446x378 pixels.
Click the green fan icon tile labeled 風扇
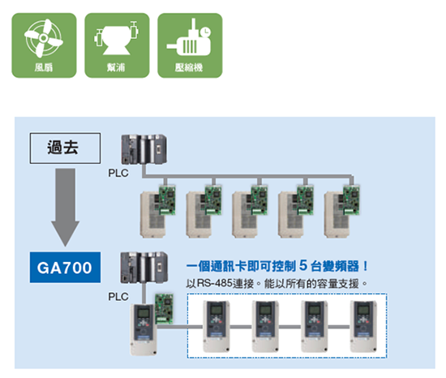(x=44, y=45)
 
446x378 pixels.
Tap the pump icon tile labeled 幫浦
(x=117, y=45)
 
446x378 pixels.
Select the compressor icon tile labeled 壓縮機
(x=190, y=45)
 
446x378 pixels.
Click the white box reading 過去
(x=65, y=148)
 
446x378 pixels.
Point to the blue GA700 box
(x=65, y=268)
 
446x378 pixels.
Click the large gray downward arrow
(x=65, y=207)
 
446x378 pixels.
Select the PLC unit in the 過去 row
(x=144, y=149)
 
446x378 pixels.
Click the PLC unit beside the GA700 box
(x=144, y=268)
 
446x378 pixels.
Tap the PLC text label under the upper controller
(x=118, y=173)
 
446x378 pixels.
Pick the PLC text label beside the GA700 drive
(x=118, y=297)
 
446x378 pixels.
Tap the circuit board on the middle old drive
(x=259, y=200)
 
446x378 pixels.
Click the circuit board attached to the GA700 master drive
(x=164, y=308)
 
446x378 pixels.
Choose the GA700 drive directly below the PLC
(x=144, y=329)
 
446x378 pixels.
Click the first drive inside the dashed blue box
(x=217, y=326)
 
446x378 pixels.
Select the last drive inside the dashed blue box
(x=363, y=326)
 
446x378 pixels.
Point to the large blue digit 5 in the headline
(x=303, y=265)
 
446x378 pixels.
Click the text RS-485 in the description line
(x=214, y=283)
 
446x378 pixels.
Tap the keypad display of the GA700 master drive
(x=144, y=313)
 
